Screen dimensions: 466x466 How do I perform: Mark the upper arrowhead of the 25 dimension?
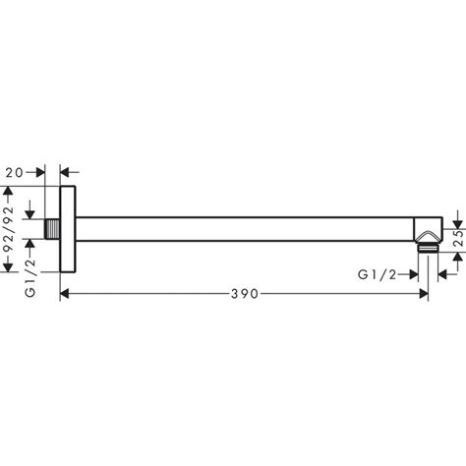(458, 218)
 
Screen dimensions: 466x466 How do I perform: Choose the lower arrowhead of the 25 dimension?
(458, 258)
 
